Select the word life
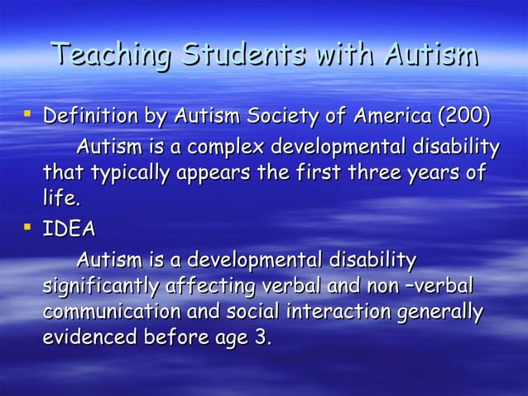tap(61, 200)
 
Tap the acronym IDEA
tap(70, 229)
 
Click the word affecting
tap(213, 287)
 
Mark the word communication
tap(108, 313)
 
